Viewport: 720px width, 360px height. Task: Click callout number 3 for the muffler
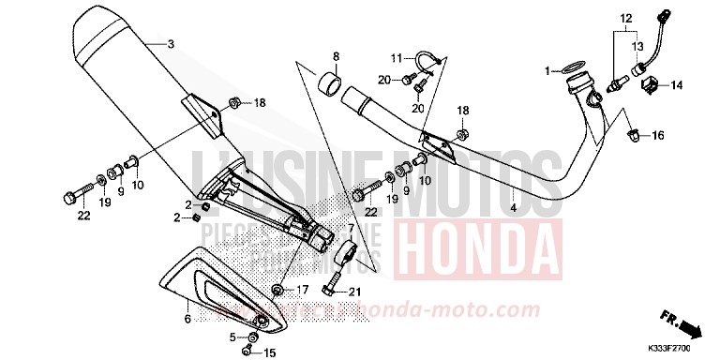[170, 44]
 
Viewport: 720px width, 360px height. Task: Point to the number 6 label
[187, 321]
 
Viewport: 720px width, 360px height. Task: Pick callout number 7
[351, 228]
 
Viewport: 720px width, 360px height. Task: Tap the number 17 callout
[303, 289]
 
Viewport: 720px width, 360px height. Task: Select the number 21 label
[353, 292]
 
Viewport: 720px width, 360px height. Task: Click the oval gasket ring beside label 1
[569, 69]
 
